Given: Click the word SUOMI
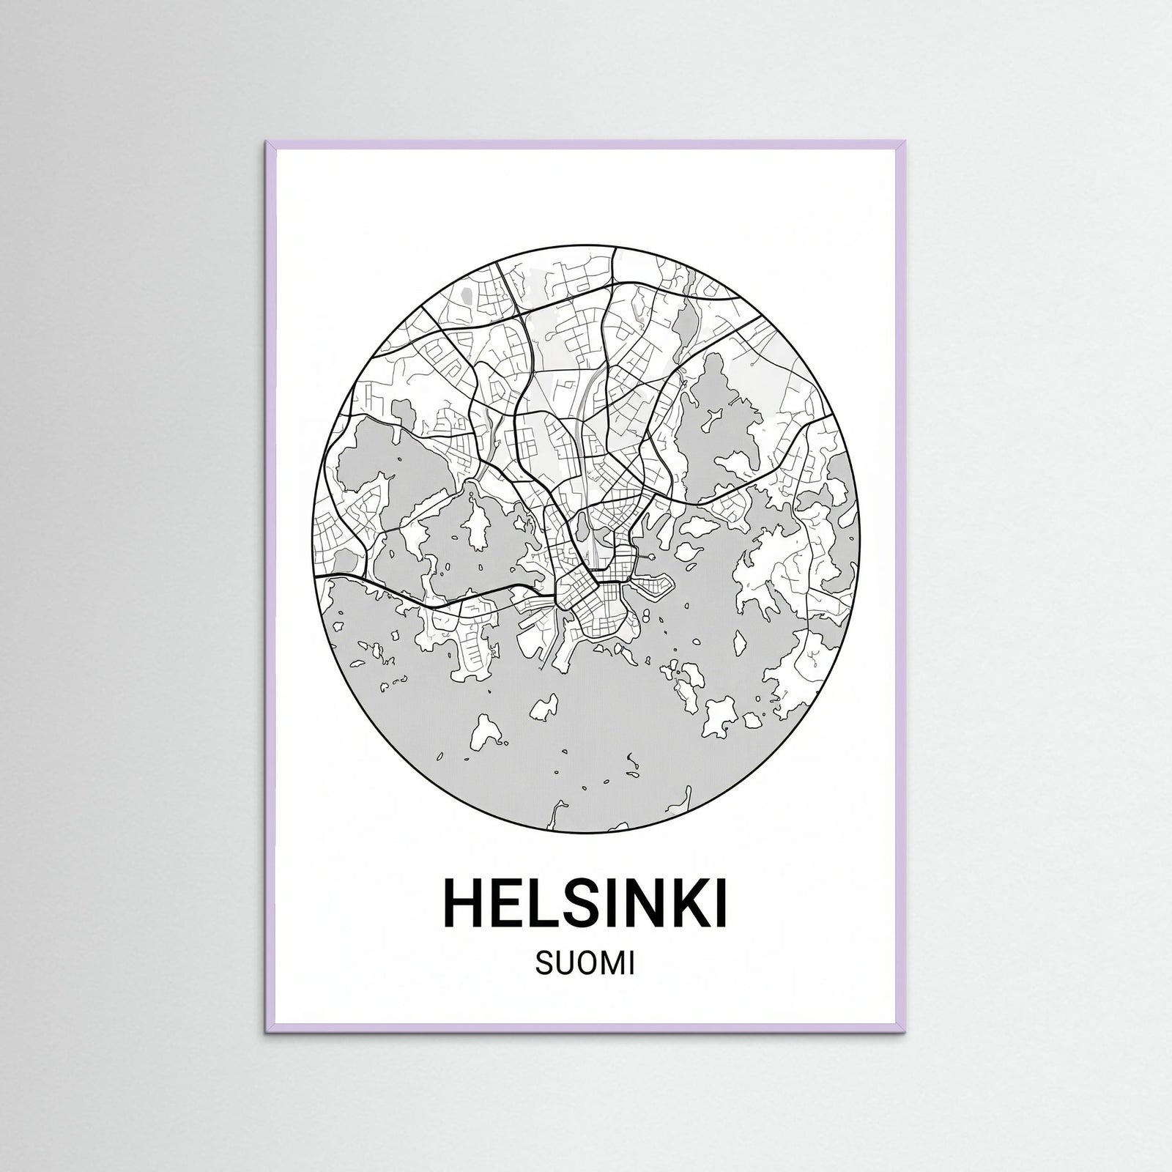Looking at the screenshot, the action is click(585, 965).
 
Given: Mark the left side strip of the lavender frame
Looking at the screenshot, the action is click(271, 586).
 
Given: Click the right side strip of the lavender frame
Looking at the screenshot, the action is click(902, 586).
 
